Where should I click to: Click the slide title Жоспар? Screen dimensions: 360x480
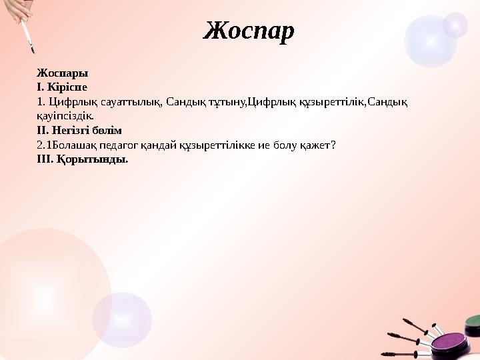249,30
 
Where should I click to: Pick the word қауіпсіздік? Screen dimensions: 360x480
69,115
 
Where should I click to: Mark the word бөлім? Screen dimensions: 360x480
109,130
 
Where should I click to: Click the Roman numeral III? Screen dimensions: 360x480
45,159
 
